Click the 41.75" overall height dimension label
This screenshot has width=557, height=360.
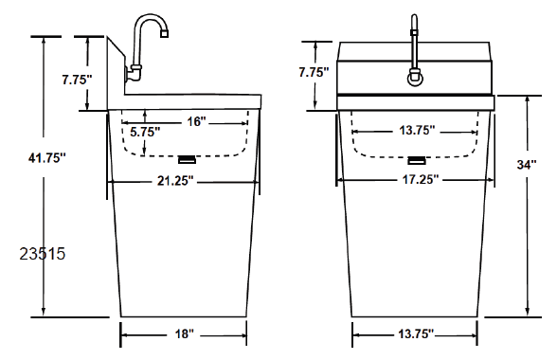point(47,157)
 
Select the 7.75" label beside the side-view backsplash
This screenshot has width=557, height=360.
point(77,80)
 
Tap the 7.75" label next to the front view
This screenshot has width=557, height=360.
point(314,72)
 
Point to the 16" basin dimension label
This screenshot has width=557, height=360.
point(196,121)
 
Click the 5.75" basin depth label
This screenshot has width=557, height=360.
point(145,132)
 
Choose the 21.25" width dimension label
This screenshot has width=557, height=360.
point(175,181)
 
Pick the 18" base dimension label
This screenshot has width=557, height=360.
point(185,334)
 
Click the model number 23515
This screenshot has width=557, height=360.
point(43,254)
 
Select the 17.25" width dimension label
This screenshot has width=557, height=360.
point(421,179)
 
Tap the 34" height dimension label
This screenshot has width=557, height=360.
point(527,165)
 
